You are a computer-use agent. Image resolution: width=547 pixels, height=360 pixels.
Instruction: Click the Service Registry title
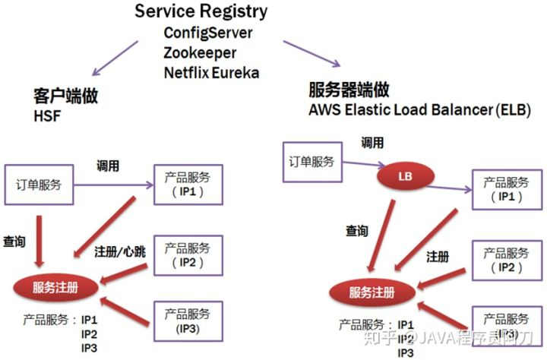[x=201, y=11]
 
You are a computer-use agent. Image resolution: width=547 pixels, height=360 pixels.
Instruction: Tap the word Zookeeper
[x=199, y=53]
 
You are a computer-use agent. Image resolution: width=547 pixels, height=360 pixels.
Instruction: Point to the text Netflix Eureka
[x=211, y=73]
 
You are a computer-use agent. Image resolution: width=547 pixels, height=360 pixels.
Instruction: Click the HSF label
[x=46, y=117]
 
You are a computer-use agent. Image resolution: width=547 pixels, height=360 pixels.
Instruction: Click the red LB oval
[x=404, y=176]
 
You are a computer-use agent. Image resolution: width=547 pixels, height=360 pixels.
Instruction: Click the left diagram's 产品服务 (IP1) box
[x=188, y=185]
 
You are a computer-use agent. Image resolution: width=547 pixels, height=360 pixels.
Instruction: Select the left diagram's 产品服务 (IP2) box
[x=188, y=255]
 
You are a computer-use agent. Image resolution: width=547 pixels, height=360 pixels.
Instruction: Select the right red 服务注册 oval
[x=372, y=292]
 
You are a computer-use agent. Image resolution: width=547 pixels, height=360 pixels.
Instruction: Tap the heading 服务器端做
[x=349, y=90]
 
